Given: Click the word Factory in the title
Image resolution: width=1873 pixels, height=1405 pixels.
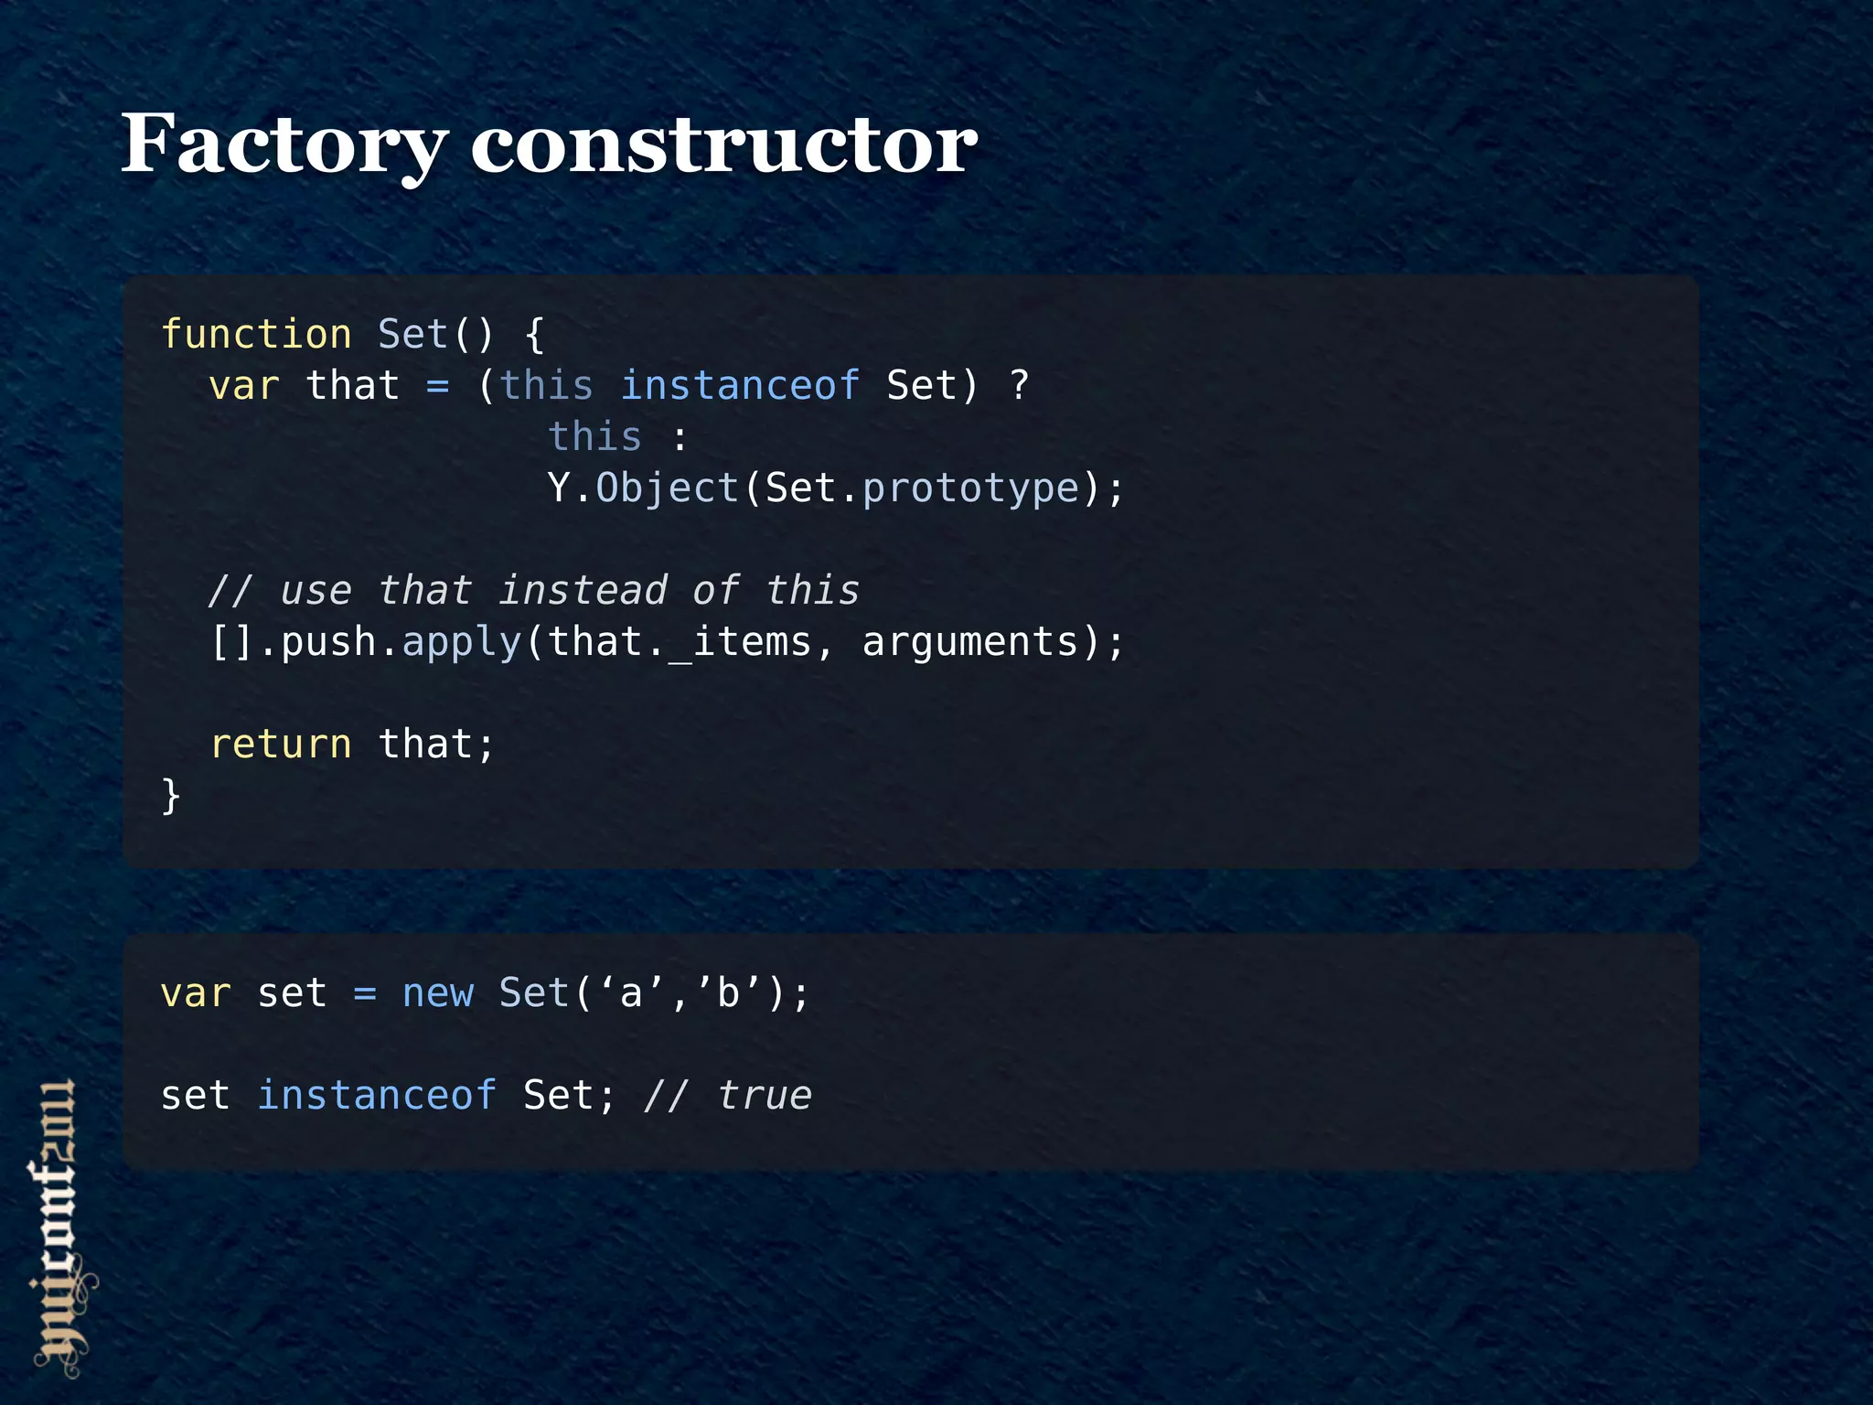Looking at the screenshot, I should click(284, 145).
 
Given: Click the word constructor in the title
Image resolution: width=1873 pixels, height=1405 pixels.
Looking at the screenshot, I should click(723, 145).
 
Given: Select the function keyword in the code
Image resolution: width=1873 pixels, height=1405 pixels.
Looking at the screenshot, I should click(256, 335).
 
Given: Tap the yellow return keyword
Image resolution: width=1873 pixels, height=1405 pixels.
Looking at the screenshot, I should click(281, 745).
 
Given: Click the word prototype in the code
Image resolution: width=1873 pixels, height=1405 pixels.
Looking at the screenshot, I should click(970, 488).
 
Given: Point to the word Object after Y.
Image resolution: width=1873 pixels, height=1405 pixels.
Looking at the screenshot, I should click(667, 488).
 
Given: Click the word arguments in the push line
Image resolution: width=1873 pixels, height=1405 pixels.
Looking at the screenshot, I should click(970, 642).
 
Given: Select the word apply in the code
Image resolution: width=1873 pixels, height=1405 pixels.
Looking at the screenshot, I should click(462, 642).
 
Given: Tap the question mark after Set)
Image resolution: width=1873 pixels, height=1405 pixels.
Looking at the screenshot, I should click(1019, 386).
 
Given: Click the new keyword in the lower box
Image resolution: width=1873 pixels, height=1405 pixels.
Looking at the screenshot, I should click(438, 993).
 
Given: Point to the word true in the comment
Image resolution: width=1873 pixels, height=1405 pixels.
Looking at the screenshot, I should click(765, 1096).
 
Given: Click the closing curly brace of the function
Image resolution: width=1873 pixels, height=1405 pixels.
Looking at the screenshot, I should click(171, 796).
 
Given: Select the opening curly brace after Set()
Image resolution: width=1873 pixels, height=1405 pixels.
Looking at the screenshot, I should click(535, 335).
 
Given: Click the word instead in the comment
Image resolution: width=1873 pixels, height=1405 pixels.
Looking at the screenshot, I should click(583, 591).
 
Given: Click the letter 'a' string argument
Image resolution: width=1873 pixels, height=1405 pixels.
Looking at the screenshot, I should click(631, 993).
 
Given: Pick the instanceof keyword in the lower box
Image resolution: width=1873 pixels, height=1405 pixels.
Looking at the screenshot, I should click(377, 1096).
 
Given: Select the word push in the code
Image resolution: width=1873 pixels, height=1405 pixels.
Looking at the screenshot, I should click(328, 642).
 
